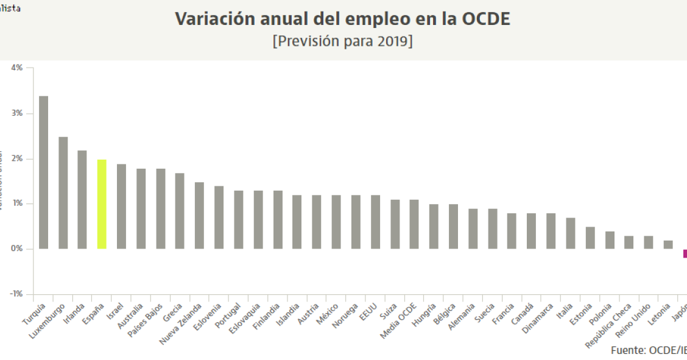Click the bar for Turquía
coord(43,172)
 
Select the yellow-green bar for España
coord(102,204)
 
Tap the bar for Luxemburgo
coord(63,192)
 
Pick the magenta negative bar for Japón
coord(685,253)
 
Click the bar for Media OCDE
coord(414,224)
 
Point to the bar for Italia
coord(570,233)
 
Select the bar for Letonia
coord(668,244)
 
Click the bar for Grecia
coord(180,211)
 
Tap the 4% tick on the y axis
coord(16,68)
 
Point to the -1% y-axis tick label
coord(16,294)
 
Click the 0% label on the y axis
coord(16,249)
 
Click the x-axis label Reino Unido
coord(633,322)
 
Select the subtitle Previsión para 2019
coord(343,43)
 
